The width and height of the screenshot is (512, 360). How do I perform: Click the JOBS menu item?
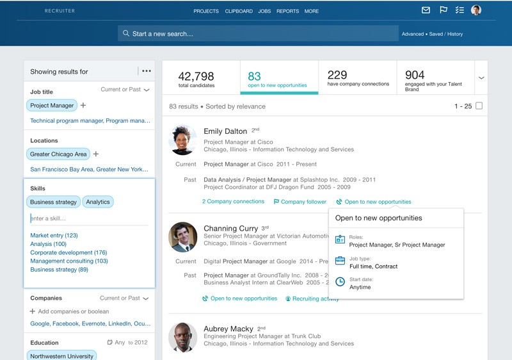(264, 11)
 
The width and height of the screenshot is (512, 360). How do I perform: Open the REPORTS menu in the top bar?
(287, 11)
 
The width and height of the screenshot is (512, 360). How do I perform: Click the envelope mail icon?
(426, 10)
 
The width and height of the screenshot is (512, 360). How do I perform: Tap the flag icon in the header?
(443, 10)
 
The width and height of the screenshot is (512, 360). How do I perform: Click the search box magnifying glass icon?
(126, 34)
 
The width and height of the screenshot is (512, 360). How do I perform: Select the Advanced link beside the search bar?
(412, 34)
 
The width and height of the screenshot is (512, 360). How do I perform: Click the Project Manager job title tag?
(52, 105)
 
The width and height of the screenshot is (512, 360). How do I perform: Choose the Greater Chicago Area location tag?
(58, 154)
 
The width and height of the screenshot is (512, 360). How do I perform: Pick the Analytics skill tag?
(98, 202)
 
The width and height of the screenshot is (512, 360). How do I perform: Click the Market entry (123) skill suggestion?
(54, 236)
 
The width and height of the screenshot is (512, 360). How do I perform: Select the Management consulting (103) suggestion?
(69, 261)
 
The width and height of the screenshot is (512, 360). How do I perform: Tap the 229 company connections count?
(337, 75)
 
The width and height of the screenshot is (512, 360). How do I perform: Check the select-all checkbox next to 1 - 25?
(479, 106)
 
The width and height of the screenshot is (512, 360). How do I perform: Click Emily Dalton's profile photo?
(182, 140)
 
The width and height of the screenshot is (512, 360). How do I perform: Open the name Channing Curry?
(230, 229)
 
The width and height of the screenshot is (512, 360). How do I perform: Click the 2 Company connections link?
(233, 202)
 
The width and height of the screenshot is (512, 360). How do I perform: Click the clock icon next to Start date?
(340, 282)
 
